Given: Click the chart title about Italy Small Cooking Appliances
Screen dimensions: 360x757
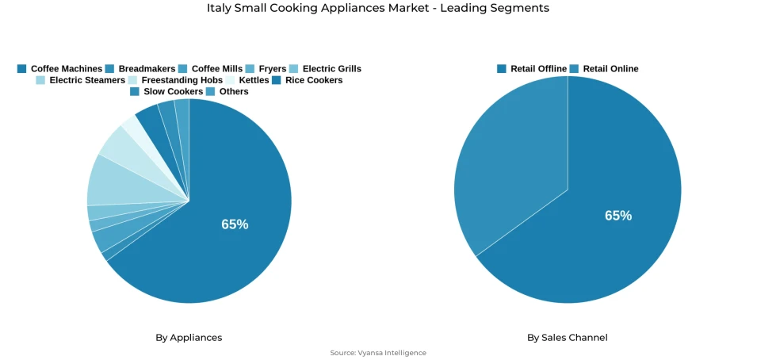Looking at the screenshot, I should coord(377,8).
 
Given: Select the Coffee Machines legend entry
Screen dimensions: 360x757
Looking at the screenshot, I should coord(60,69).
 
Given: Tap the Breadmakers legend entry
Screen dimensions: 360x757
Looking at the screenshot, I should coord(140,69).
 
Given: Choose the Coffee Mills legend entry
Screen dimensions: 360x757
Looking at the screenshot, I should coord(211,69).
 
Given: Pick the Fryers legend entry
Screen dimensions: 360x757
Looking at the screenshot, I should coord(266,69).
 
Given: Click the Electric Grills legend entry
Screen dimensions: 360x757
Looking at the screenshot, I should coord(325,69).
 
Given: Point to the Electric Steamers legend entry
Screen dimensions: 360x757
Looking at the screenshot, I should coord(81,80).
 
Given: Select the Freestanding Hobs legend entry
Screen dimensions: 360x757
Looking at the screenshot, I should coord(175,80).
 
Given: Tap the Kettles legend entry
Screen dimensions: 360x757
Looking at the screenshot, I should coord(247,80).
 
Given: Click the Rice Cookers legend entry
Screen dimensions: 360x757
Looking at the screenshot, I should coord(308,80).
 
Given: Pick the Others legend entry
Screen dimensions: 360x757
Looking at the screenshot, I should coord(227,92).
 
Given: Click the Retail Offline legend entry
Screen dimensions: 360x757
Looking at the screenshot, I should coord(532,69).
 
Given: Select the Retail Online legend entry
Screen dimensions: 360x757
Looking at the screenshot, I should coord(604,69).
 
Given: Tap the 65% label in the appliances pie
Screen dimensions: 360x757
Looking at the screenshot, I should coord(235,224).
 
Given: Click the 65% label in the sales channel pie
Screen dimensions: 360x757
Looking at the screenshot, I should coord(618,216).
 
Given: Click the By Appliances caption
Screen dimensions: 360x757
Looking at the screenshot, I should coord(189,338).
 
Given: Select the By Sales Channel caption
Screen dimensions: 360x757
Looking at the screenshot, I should coord(568,338).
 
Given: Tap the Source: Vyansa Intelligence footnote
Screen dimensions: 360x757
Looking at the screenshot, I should coord(378,353).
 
